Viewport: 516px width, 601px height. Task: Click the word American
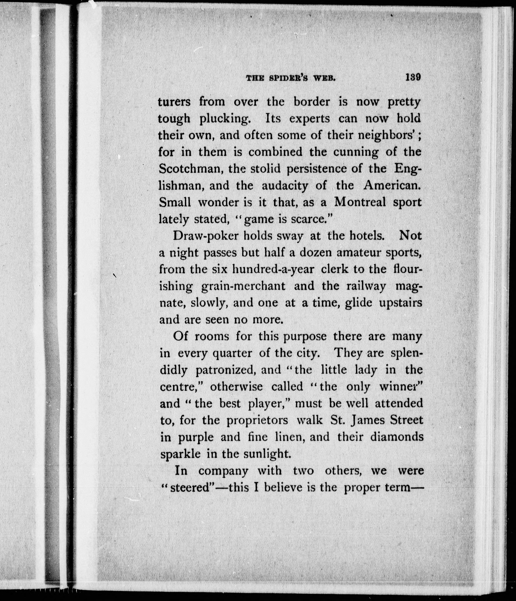[x=392, y=185]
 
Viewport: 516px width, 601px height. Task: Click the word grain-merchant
[x=243, y=287]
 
